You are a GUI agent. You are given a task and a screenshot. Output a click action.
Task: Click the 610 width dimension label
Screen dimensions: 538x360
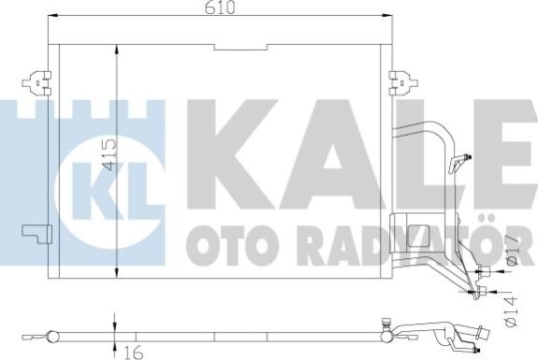(220, 7)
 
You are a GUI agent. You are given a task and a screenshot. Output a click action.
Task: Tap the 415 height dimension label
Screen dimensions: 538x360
(110, 154)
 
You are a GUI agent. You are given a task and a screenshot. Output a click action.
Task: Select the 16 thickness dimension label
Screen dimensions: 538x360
(134, 353)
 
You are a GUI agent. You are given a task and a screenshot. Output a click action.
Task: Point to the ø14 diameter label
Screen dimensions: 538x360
(510, 311)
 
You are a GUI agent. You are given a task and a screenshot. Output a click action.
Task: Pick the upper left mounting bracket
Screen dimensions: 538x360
(36, 82)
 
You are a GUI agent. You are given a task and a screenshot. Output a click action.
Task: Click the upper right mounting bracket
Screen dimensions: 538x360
(403, 82)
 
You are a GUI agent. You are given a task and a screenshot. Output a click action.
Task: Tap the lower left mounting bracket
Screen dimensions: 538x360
(36, 234)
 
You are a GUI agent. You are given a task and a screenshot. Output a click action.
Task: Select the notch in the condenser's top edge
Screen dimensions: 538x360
(240, 48)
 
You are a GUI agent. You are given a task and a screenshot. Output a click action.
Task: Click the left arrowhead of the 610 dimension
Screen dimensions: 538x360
(53, 15)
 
